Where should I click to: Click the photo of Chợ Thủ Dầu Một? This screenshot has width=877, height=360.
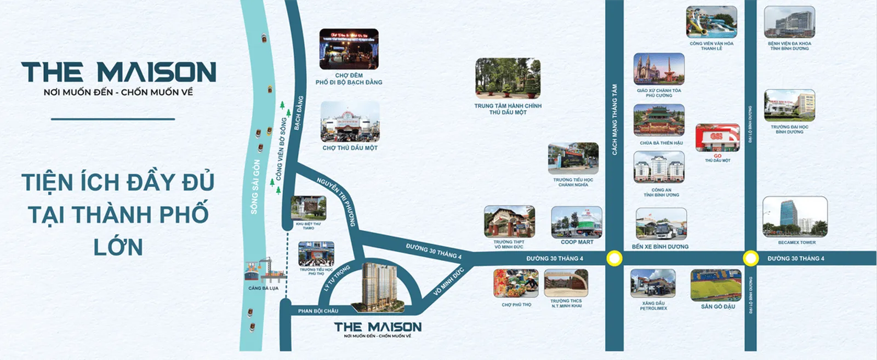click(x=350, y=121)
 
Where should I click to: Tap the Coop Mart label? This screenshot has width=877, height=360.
click(x=577, y=242)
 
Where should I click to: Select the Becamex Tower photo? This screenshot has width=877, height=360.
click(x=795, y=216)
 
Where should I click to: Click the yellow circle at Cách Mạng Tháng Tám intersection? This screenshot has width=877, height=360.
click(x=614, y=258)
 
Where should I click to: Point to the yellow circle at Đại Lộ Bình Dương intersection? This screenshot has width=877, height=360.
click(x=750, y=258)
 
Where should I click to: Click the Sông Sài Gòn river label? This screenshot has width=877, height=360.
click(x=255, y=186)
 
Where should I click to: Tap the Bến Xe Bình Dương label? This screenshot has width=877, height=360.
click(x=660, y=247)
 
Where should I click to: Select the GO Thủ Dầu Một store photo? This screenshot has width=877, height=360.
click(x=717, y=138)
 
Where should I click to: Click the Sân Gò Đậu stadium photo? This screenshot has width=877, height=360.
click(x=716, y=285)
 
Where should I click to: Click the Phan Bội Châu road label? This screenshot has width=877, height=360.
click(x=318, y=311)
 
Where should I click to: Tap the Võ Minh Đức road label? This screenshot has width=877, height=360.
click(x=448, y=282)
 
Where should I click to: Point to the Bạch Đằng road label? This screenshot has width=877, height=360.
click(x=298, y=113)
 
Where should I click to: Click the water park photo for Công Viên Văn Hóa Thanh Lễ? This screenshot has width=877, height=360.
click(x=711, y=22)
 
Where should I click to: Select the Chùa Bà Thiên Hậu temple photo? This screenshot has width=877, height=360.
click(x=659, y=120)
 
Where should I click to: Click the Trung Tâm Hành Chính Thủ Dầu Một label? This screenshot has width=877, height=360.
click(x=508, y=109)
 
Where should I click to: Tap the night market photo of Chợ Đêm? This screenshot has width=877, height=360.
click(x=349, y=49)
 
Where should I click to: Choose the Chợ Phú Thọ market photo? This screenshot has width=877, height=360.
click(x=515, y=283)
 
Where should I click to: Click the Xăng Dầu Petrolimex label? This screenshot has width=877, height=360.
click(x=653, y=306)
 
